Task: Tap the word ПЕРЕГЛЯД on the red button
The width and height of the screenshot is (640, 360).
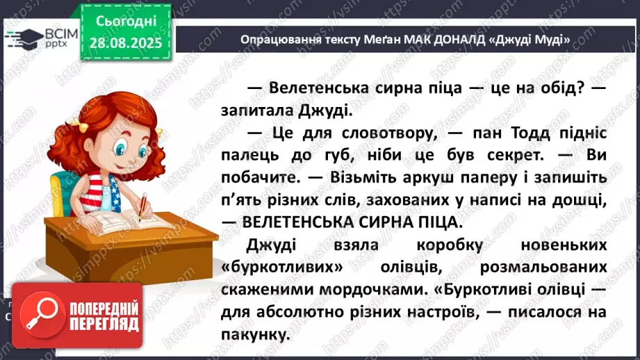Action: point(104,324)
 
